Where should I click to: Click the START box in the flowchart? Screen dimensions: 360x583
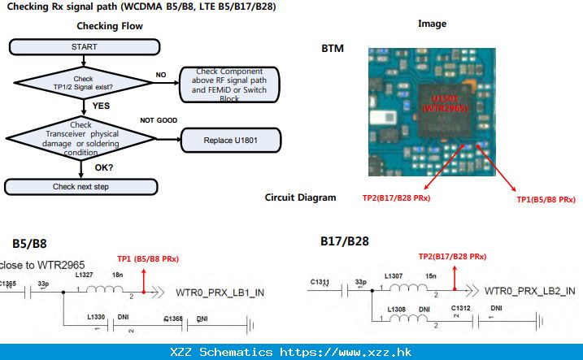click(84, 47)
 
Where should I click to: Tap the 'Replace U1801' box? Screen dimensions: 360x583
click(231, 141)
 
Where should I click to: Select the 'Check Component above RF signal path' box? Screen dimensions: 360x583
click(230, 85)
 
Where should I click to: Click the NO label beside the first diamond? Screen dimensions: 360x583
click(161, 75)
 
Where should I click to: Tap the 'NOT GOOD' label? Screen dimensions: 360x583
click(159, 120)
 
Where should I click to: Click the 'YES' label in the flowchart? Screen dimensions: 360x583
click(102, 106)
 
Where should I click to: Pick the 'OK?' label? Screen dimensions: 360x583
click(104, 167)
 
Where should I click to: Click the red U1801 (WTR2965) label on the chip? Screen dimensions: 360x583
click(439, 102)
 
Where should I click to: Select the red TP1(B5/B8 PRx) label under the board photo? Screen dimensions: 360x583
click(546, 199)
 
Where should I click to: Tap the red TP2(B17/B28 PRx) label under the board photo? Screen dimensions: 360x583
click(396, 197)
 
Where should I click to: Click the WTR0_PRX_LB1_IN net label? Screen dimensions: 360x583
click(219, 292)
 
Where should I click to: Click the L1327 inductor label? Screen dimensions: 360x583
click(85, 276)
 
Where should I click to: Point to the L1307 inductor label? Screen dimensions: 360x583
click(395, 276)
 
